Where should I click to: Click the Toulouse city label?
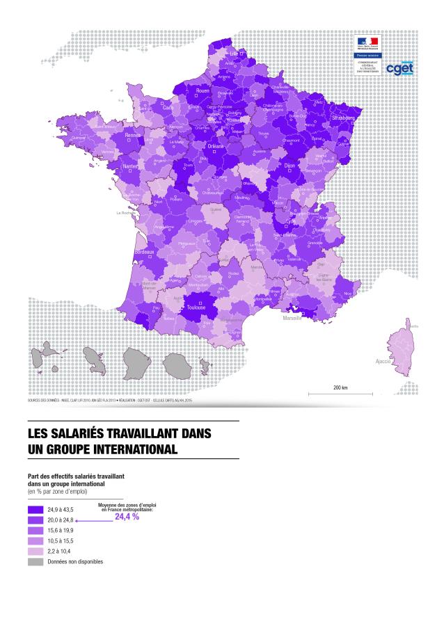(x=196, y=306)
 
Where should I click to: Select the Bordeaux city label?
(x=144, y=251)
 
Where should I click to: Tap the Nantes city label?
(x=129, y=167)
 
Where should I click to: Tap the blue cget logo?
(x=399, y=70)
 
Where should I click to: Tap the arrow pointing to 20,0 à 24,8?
(x=94, y=520)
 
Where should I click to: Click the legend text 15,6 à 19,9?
(x=61, y=531)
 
